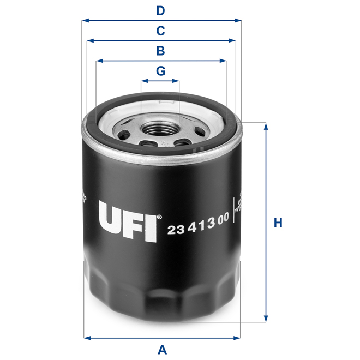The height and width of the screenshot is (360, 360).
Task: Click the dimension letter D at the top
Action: (160, 10)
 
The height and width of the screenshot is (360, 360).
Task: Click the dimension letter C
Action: (160, 31)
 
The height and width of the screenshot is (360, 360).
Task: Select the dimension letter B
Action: (160, 51)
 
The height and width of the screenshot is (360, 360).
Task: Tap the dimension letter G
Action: (160, 71)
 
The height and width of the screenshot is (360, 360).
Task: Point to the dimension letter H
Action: (278, 223)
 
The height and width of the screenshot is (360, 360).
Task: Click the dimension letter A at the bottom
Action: (161, 349)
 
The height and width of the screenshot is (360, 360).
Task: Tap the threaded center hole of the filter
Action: (160, 129)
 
